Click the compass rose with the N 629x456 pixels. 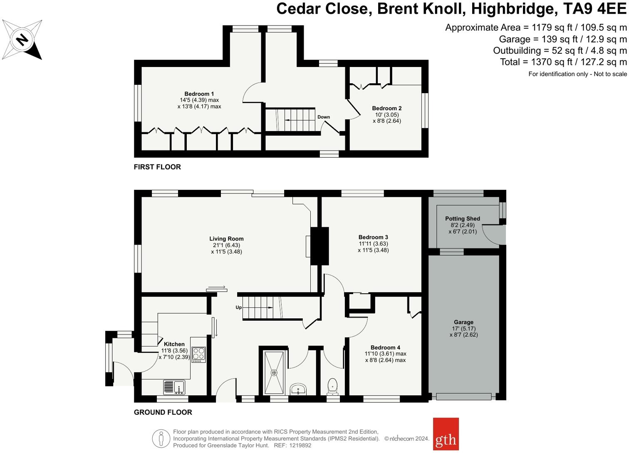pyautogui.click(x=22, y=40)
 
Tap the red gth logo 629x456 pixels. pyautogui.click(x=446, y=434)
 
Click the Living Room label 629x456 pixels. pyautogui.click(x=226, y=239)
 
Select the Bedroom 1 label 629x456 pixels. pyautogui.click(x=199, y=94)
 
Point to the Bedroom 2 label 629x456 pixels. pyautogui.click(x=386, y=108)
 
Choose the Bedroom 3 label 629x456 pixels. pyautogui.click(x=373, y=237)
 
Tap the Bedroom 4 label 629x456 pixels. pyautogui.click(x=385, y=347)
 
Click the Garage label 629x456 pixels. pyautogui.click(x=463, y=322)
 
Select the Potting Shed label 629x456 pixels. pyautogui.click(x=462, y=218)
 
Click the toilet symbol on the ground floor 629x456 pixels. pyautogui.click(x=332, y=386)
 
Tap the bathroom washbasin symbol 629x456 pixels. pyautogui.click(x=298, y=389)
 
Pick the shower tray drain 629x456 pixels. pyautogui.click(x=274, y=373)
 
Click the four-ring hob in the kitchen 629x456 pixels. pyautogui.click(x=198, y=354)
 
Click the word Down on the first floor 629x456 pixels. pyautogui.click(x=323, y=117)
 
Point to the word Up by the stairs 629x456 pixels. pyautogui.click(x=238, y=307)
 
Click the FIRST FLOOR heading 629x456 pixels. pyautogui.click(x=157, y=167)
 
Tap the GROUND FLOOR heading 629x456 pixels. pyautogui.click(x=163, y=412)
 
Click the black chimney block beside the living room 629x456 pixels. pyautogui.click(x=319, y=245)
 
